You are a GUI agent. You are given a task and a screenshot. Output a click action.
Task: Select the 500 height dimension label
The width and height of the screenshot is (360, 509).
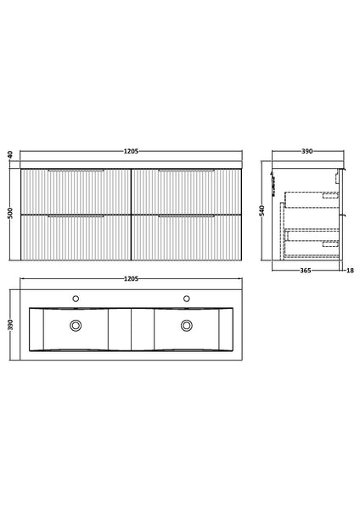(x=10, y=211)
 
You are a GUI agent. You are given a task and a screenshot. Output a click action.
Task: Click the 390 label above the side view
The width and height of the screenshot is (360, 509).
(x=307, y=151)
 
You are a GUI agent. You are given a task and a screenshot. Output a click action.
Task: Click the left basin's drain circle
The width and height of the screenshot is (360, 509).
(x=77, y=325)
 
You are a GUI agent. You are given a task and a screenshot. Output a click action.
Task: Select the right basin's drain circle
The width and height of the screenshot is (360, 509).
(x=186, y=325)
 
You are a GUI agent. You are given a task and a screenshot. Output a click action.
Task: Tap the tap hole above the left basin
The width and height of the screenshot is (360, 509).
(x=77, y=299)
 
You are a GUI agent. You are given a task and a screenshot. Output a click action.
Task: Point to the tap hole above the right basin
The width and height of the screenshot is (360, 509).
(x=186, y=299)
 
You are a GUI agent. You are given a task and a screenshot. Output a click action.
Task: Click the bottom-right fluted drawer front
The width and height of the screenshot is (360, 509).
(x=186, y=236)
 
